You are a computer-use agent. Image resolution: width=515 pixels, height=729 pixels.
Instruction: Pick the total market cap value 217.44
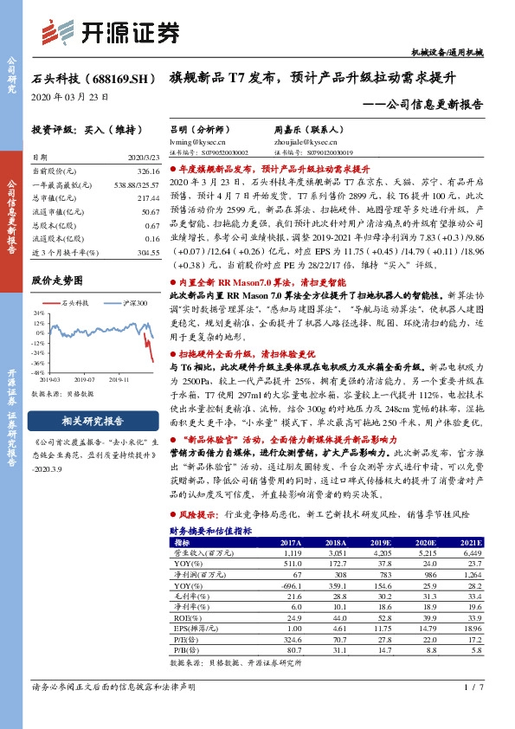pos(149,198)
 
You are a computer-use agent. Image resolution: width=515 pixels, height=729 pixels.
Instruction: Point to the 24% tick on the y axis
pos(38,312)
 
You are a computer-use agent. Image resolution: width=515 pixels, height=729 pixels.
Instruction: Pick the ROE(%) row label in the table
pos(183,617)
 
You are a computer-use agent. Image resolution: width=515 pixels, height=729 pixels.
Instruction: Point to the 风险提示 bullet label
pos(201,513)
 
